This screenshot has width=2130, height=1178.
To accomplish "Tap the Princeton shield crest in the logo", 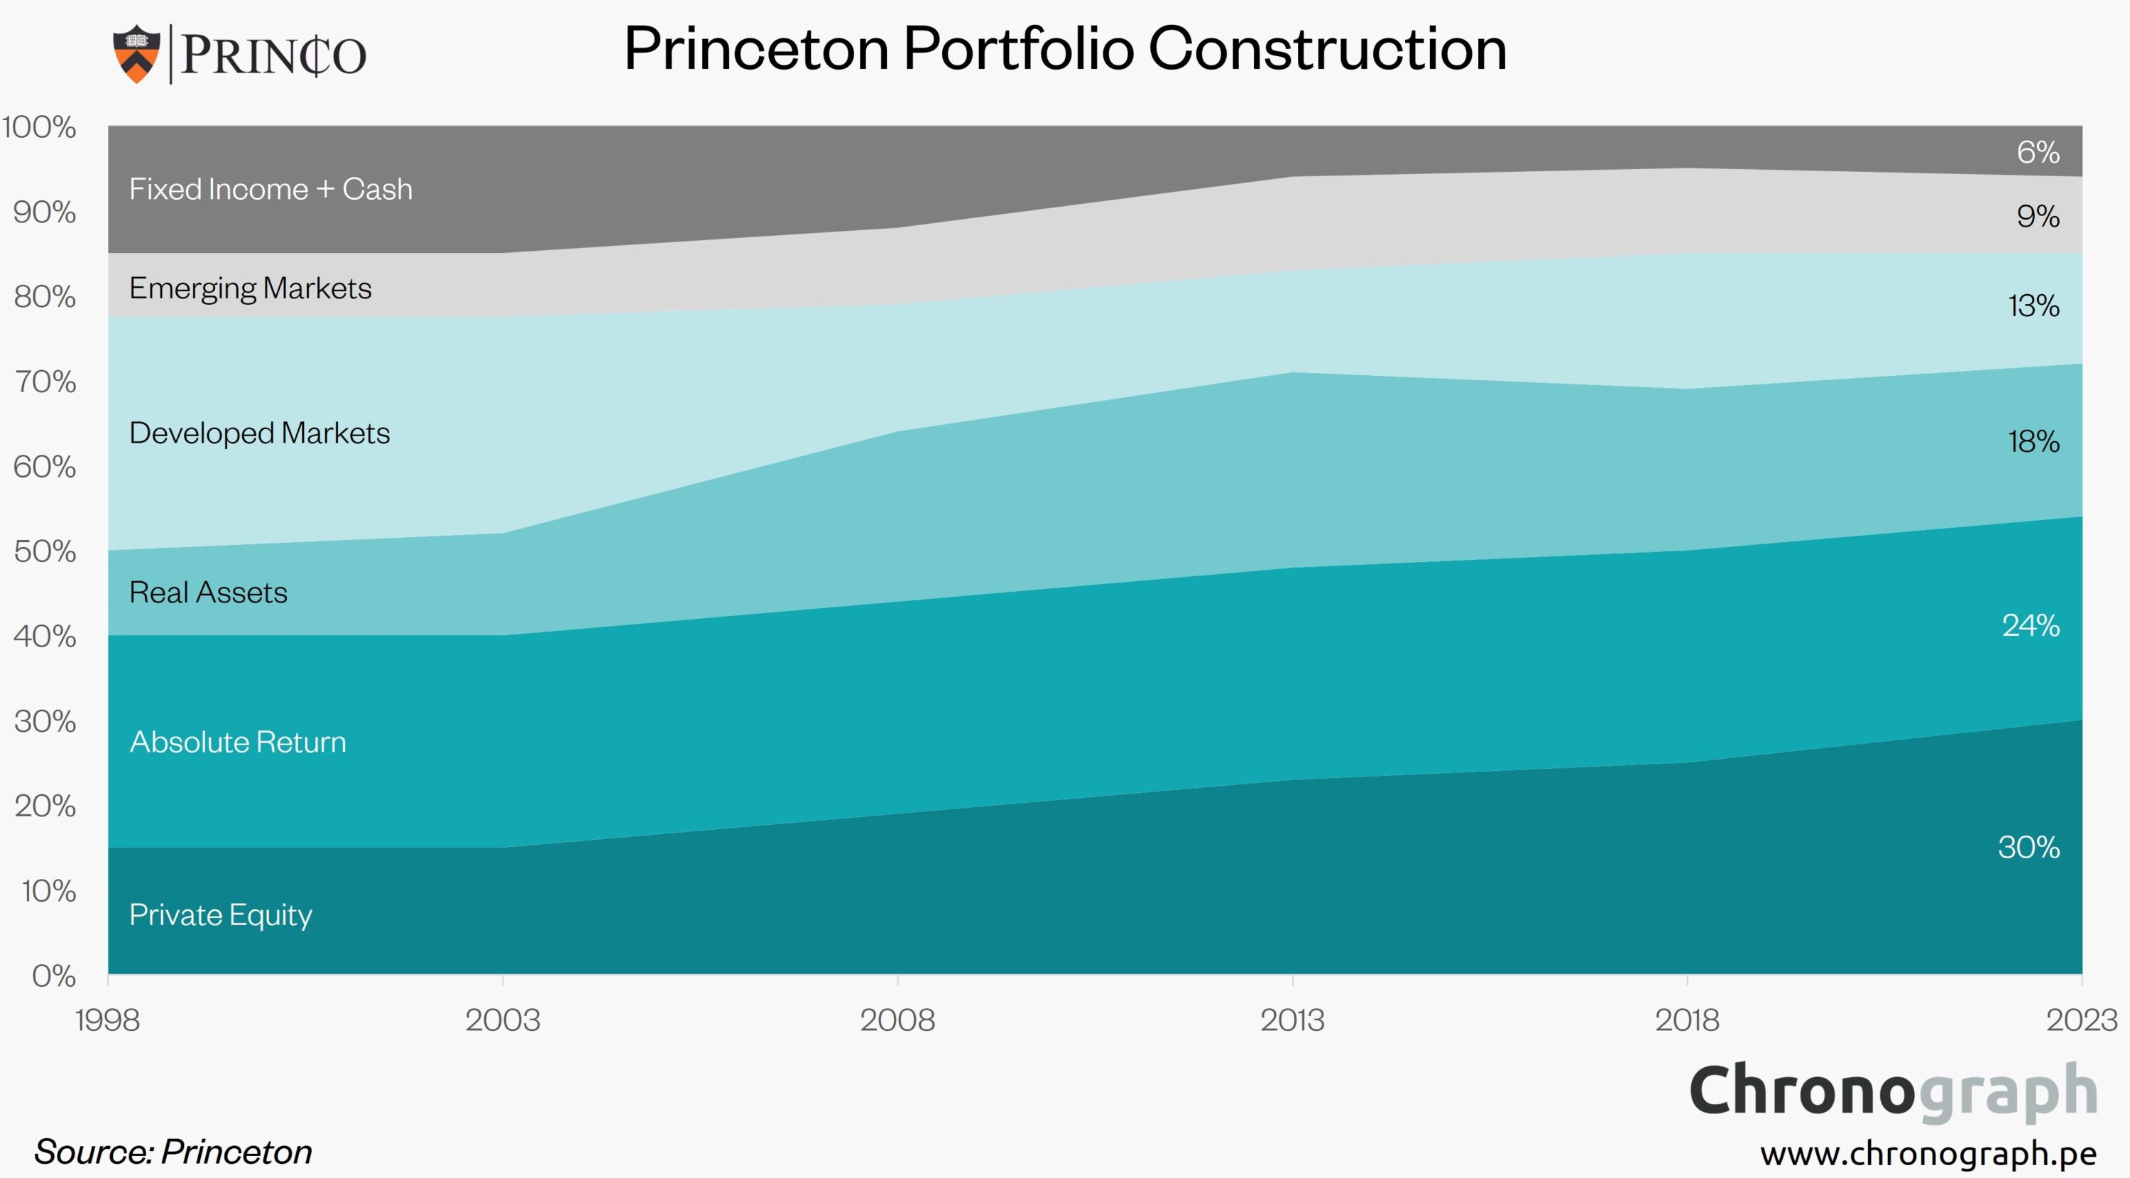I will pos(136,54).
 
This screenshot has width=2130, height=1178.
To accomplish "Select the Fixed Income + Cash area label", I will pos(271,190).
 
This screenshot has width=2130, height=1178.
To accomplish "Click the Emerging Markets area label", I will pos(250,288).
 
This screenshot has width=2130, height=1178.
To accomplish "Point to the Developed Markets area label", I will pos(259,433).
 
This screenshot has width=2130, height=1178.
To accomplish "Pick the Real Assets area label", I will pos(208,593).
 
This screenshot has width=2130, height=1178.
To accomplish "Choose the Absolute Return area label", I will pos(238,742).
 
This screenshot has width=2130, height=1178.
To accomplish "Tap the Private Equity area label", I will pos(221,915).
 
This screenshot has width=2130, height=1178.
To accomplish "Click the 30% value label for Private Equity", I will pos(2028,847).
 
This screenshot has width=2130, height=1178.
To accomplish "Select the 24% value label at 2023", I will pos(2031,625).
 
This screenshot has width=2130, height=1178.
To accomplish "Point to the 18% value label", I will pos(2033,442).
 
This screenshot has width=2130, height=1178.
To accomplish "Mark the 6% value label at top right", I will pos(2038,152).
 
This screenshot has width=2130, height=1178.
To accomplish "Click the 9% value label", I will pos(2038,217).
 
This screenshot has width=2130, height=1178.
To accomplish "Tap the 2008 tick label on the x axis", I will pos(897,1020).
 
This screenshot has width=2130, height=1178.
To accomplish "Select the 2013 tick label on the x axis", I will pos(1292,1020).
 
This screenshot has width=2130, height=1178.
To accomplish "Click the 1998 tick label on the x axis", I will pos(107,1020).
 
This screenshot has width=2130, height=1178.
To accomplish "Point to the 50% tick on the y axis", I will pos(45,552).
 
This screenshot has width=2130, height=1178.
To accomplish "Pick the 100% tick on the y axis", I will pos(39,127).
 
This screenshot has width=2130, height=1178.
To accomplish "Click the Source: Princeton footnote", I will pos(173,1152).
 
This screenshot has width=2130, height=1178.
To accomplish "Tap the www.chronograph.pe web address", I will pos(1928,1152).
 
